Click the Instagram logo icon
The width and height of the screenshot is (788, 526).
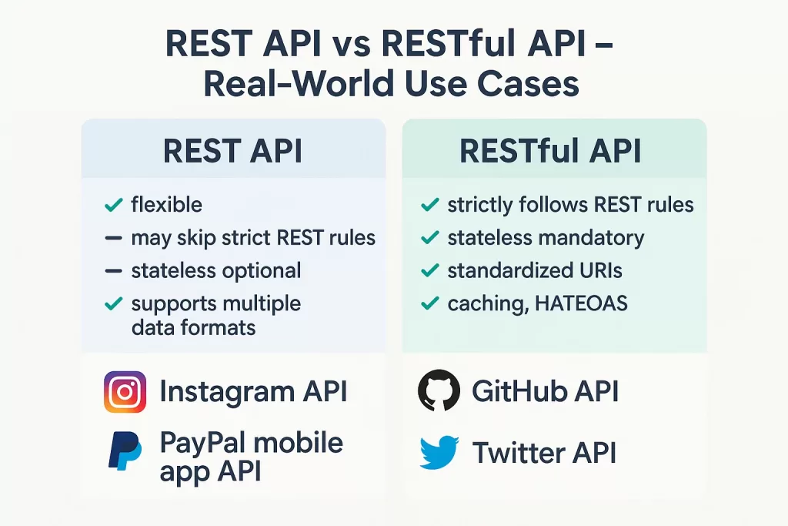point(125,392)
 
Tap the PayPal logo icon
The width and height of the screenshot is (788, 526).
point(124,451)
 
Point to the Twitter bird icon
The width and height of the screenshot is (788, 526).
point(439,452)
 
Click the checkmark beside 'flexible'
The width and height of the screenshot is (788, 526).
point(113,205)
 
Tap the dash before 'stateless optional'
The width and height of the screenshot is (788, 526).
point(113,271)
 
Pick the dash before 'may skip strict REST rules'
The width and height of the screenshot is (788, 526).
point(113,239)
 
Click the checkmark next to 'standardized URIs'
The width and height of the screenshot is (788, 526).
point(430,271)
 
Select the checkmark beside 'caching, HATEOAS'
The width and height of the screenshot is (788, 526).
point(430,304)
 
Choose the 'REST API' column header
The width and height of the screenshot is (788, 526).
point(233,152)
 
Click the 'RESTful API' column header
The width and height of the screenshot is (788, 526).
point(550,152)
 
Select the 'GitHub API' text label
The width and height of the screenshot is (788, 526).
point(545,391)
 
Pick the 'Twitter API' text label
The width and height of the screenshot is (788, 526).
point(545,453)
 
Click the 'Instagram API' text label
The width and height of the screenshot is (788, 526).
point(253,392)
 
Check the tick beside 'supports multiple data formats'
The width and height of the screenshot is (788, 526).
point(113,304)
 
